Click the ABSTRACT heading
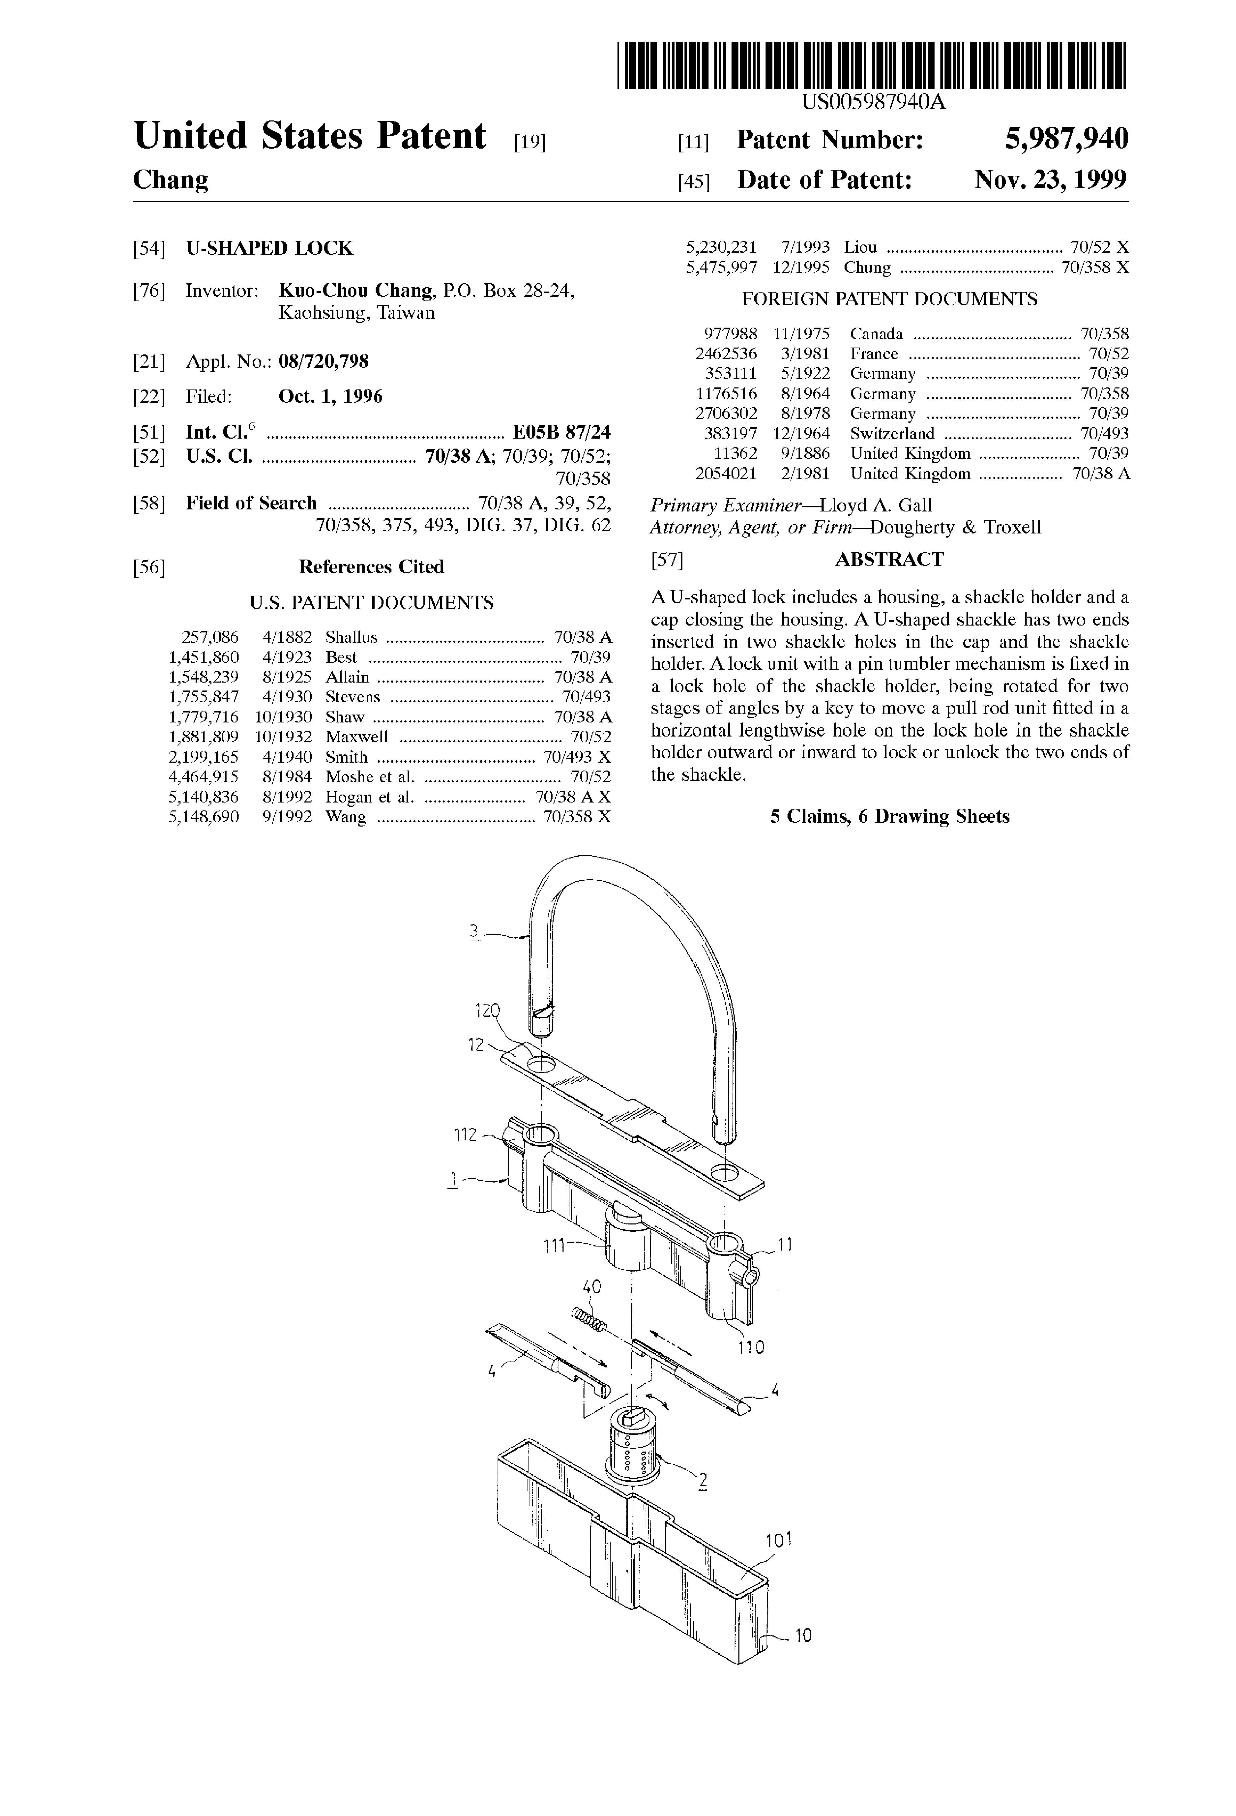point(889,560)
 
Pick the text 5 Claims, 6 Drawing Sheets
point(889,817)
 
